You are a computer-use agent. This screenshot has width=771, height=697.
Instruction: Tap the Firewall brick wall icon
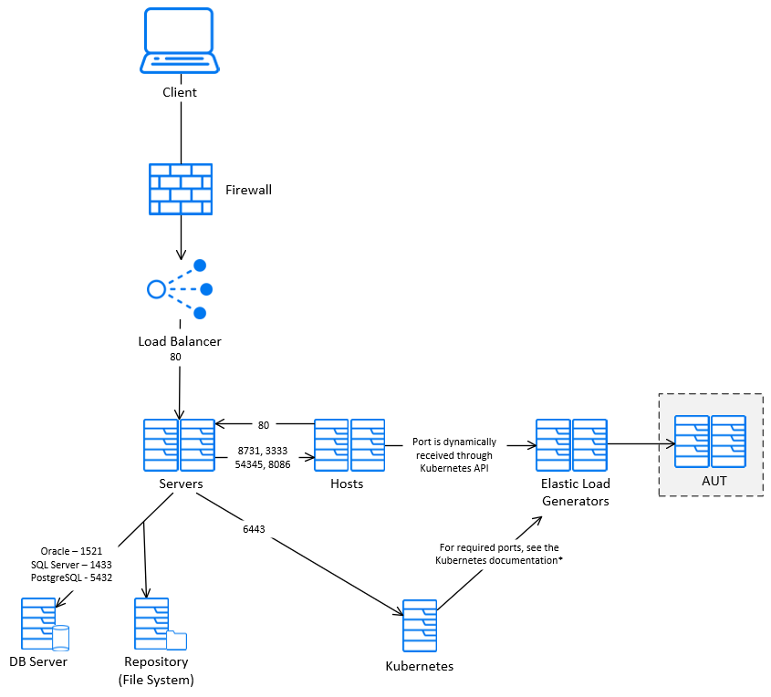[x=181, y=189]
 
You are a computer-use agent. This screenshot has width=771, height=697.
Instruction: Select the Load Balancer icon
[x=180, y=289]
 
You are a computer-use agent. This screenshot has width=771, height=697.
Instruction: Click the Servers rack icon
[x=179, y=445]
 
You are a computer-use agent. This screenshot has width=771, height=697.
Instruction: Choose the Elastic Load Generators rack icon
[x=571, y=445]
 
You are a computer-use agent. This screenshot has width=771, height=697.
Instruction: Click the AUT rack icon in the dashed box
[x=710, y=442]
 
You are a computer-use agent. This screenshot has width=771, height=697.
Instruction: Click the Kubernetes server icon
[x=420, y=626]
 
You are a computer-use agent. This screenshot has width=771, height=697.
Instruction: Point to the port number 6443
[x=255, y=528]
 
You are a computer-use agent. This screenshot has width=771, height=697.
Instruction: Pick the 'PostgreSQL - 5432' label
[x=71, y=577]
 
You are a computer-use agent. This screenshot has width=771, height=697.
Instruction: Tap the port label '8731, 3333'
[x=262, y=451]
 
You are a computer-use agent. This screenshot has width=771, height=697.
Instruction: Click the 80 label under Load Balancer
[x=175, y=358]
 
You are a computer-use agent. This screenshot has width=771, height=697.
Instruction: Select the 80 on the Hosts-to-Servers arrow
[x=264, y=424]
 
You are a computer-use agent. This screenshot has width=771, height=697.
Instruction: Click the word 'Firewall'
[x=248, y=190]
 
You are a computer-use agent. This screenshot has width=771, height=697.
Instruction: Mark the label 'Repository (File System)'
[x=156, y=671]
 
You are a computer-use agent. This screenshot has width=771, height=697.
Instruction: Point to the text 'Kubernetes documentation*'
[x=498, y=560]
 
